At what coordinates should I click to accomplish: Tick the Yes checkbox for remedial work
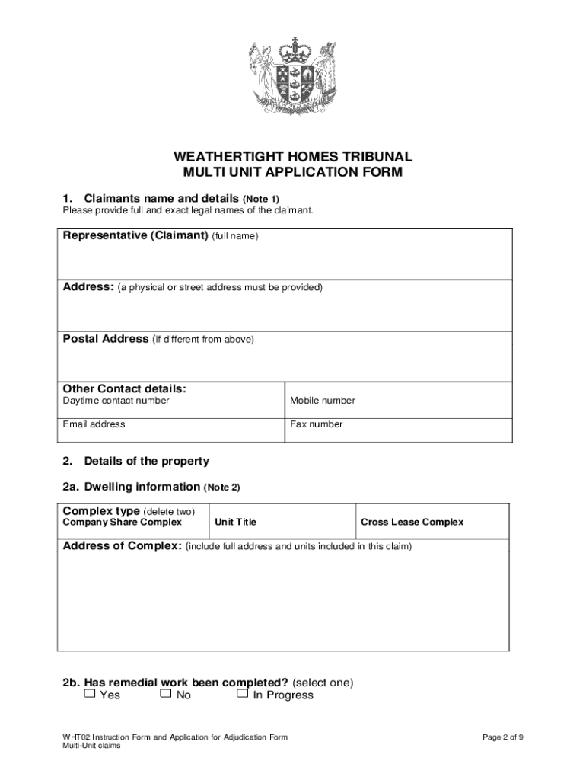pos(90,694)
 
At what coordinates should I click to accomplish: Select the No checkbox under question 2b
pos(166,694)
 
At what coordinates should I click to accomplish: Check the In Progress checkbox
pos(242,694)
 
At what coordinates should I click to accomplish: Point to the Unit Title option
pos(236,522)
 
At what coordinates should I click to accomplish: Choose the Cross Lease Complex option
pos(412,522)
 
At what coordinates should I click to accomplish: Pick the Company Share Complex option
pos(122,522)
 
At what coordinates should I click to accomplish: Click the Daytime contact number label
pos(116,401)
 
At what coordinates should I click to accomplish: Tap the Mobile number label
pos(322,401)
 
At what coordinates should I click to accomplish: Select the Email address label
pos(94,424)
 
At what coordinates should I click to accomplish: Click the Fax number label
pos(316,424)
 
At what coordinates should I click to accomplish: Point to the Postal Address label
pos(106,339)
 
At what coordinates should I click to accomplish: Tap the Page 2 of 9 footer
pos(503,737)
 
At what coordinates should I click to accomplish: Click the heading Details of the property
pos(146,461)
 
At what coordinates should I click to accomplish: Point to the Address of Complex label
pos(122,546)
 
